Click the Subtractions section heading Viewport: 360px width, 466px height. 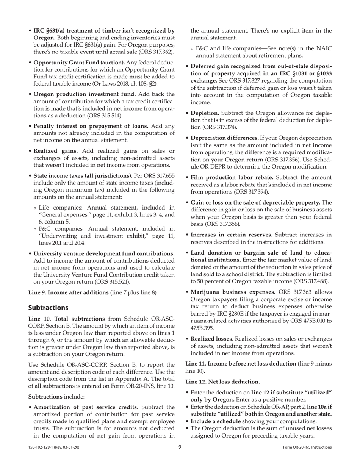pyautogui.click(x=48, y=307)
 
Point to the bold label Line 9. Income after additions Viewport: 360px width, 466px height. pyautogui.click(x=69, y=292)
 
